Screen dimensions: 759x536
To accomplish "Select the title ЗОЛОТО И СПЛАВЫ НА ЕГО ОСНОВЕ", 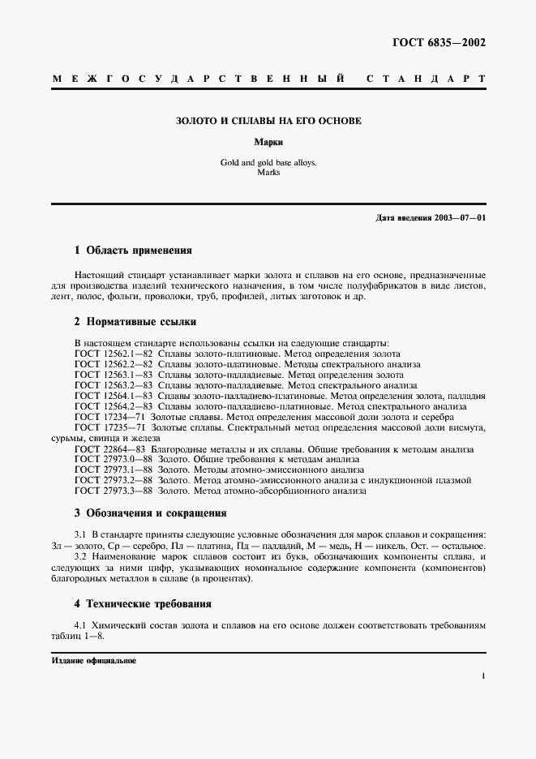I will [x=268, y=121].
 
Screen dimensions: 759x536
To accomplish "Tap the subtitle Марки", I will [x=268, y=141].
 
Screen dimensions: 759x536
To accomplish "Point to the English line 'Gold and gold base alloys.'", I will [x=268, y=162].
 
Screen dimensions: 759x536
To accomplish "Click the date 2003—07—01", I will [x=459, y=218].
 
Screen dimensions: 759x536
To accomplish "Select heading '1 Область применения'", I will [x=133, y=251].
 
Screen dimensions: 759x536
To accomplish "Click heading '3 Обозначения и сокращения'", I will [x=150, y=512].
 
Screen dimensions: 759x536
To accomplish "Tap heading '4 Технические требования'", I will [x=143, y=603].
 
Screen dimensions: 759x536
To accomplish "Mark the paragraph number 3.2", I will [x=81, y=559].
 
